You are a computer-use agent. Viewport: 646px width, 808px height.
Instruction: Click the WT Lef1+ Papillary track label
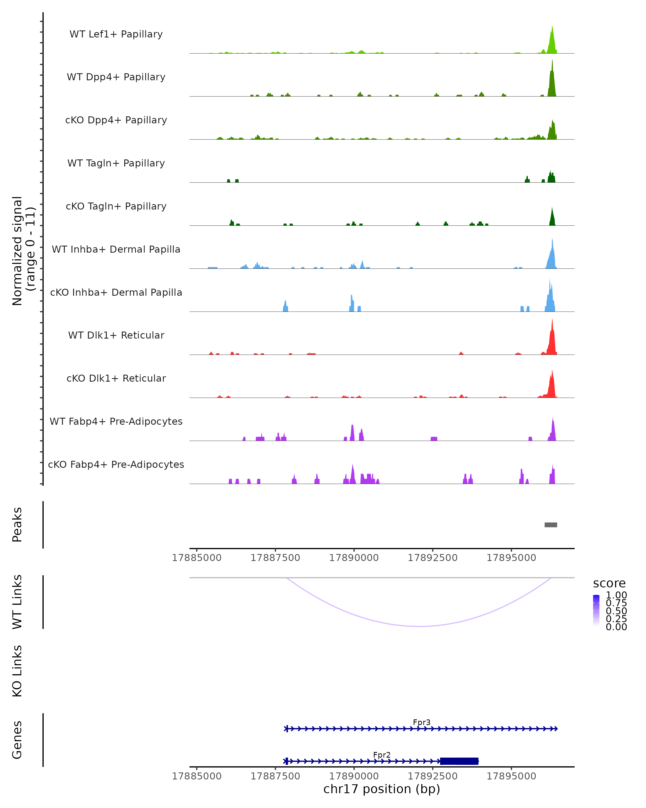(116, 34)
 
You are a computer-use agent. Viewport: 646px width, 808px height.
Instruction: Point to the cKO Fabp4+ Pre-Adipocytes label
(116, 464)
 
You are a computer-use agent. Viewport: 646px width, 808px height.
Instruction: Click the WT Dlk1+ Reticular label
(116, 335)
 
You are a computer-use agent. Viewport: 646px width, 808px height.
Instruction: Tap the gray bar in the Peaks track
(550, 525)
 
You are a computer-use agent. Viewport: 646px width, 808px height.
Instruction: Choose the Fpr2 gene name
(382, 755)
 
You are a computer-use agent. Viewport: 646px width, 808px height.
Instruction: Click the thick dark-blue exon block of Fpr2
(459, 761)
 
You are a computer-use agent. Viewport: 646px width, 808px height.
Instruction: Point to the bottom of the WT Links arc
(419, 626)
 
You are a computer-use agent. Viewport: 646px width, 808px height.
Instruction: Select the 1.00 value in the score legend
(616, 595)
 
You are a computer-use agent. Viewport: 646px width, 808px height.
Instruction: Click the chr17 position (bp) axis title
(382, 789)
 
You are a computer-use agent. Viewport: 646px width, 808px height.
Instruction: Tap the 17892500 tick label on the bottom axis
(433, 776)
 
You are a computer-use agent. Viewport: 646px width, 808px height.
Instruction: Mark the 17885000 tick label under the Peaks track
(196, 558)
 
